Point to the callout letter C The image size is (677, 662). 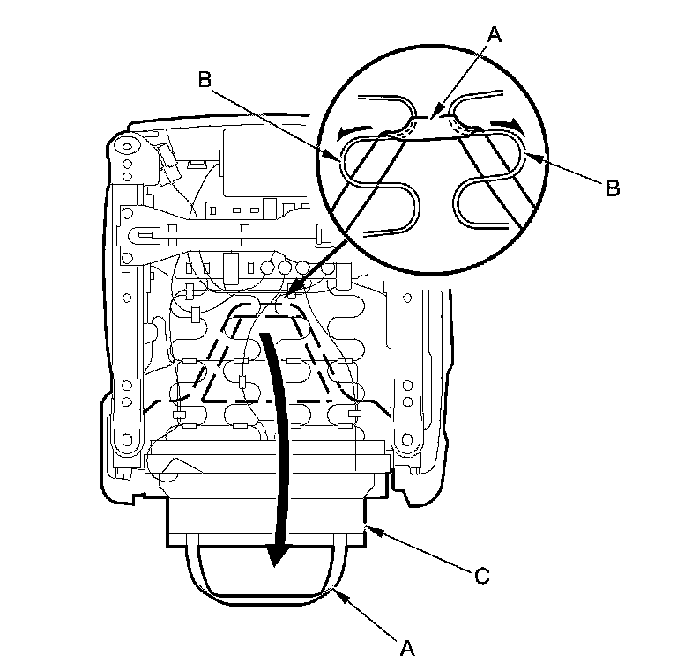coord(480,577)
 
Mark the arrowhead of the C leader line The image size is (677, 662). coord(372,528)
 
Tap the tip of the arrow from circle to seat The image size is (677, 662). coord(294,294)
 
